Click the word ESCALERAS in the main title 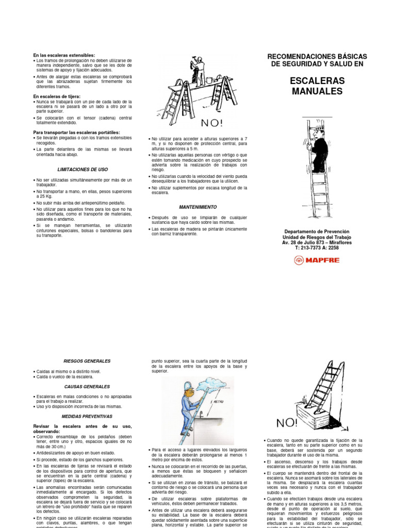(x=317, y=80)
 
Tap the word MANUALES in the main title (x=317, y=91)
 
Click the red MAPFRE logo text (x=324, y=260)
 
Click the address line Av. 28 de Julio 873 (x=317, y=242)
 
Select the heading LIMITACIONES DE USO (x=82, y=170)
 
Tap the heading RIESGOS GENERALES (x=87, y=361)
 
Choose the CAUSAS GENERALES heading (x=87, y=386)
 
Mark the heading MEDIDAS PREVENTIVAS (x=87, y=416)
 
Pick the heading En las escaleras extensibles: (x=64, y=55)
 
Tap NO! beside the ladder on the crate (x=287, y=423)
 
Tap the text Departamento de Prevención (x=317, y=232)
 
